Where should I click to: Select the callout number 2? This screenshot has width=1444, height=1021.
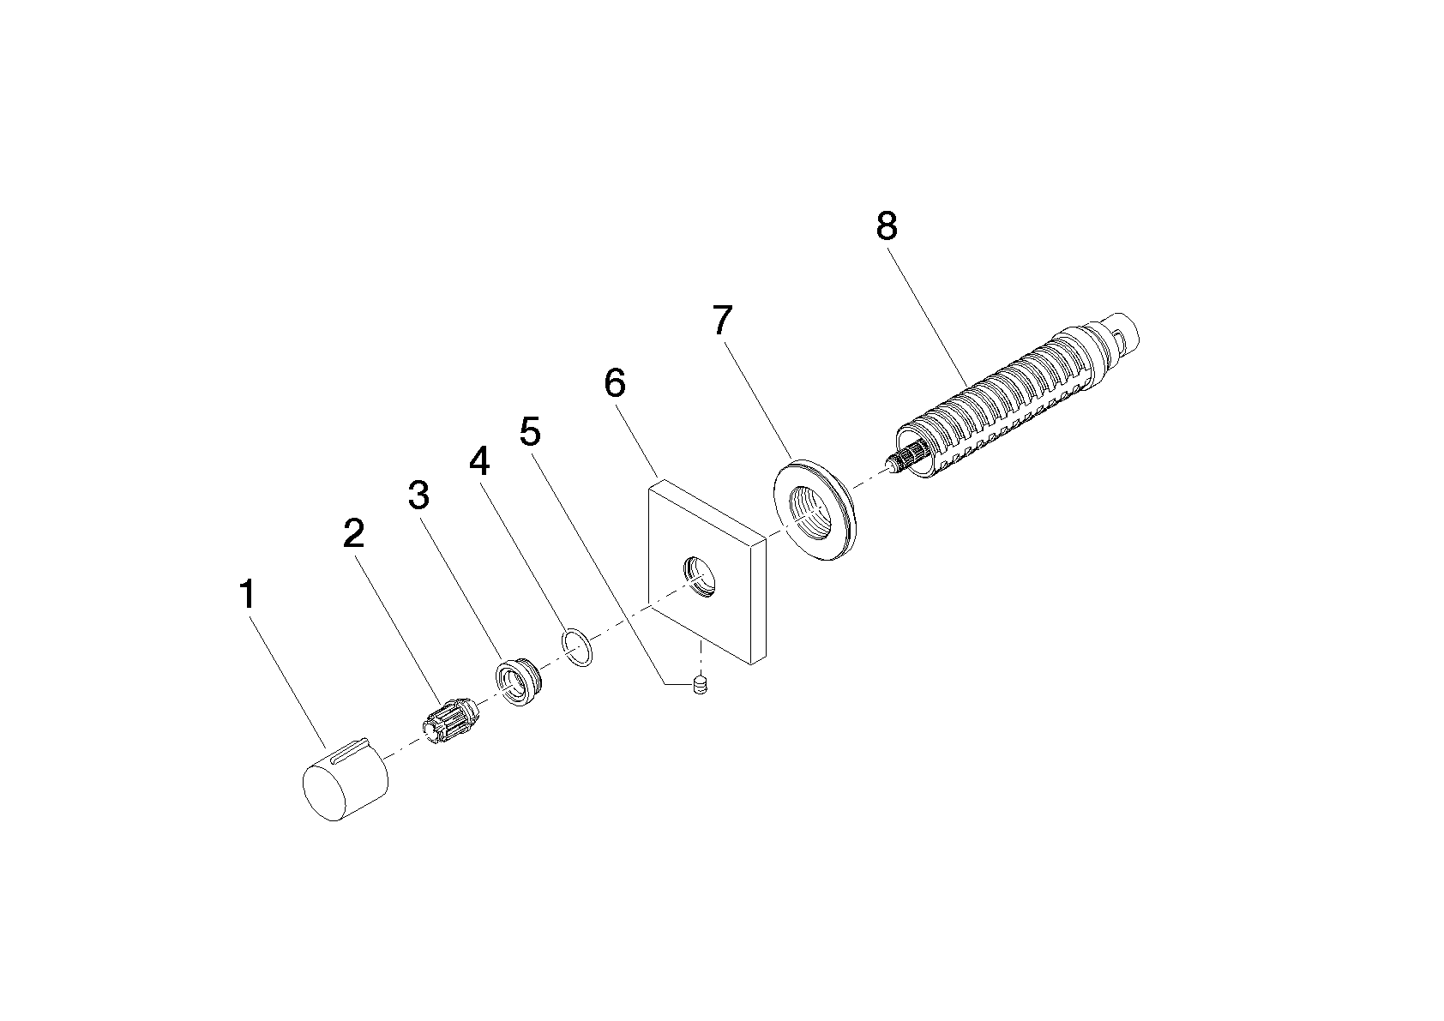click(353, 533)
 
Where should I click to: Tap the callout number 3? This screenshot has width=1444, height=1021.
click(418, 495)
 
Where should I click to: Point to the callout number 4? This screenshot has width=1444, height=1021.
click(479, 460)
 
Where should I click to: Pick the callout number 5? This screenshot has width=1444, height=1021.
click(530, 431)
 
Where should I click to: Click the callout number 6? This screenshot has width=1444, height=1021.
click(615, 383)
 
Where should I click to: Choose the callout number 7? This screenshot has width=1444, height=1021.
click(723, 320)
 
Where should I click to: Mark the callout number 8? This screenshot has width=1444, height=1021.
click(887, 226)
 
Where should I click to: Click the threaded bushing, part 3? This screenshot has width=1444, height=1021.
click(518, 682)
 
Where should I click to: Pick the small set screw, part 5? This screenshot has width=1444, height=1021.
click(700, 685)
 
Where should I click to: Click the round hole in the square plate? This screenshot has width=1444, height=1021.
click(700, 576)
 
